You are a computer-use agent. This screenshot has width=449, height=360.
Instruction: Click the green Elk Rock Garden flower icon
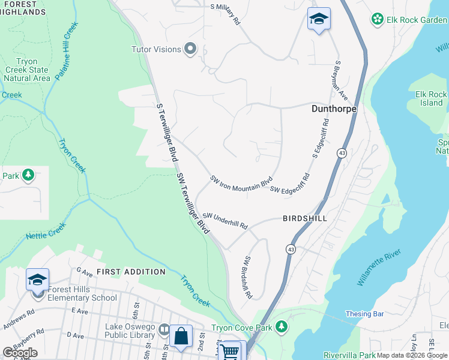(x=378, y=19)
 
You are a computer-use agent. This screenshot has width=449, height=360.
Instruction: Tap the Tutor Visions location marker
(x=191, y=49)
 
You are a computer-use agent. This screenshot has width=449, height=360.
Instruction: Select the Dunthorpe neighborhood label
(x=334, y=109)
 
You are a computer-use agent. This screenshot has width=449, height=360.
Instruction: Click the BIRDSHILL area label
(x=305, y=218)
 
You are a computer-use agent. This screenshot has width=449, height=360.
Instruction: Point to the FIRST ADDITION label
(x=131, y=272)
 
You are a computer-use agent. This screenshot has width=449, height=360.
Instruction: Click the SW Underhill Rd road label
(x=225, y=220)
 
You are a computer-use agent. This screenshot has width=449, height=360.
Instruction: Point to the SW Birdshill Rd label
(x=247, y=278)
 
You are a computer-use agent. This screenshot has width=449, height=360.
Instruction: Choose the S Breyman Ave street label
(x=342, y=80)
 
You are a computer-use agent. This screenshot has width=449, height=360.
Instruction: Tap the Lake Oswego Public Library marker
(x=163, y=329)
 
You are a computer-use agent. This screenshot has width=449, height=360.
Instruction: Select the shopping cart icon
(x=231, y=350)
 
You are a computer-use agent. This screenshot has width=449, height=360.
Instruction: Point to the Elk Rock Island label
(x=431, y=98)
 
